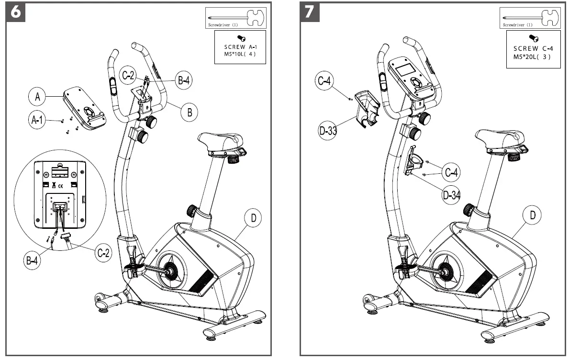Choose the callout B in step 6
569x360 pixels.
(190, 113)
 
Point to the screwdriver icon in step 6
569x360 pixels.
(235, 18)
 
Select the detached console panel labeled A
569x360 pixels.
(85, 108)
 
